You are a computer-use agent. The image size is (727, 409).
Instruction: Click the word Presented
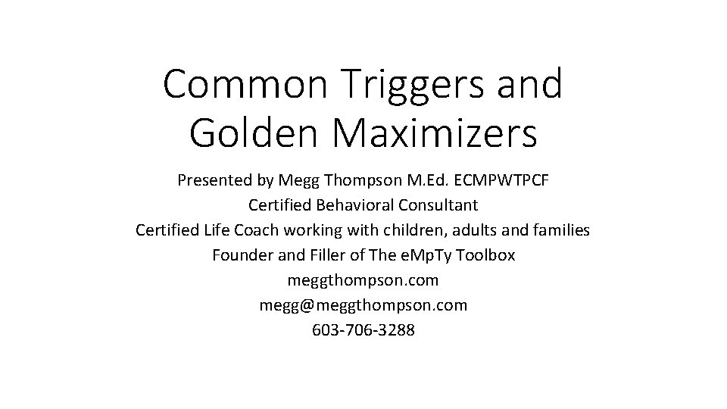coord(213,181)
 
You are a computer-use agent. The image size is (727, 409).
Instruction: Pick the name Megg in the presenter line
coord(299,181)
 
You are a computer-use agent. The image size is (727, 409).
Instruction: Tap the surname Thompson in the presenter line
coord(360,181)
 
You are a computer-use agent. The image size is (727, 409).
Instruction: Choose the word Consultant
coord(441,205)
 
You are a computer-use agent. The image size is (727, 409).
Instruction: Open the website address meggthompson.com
coord(363,280)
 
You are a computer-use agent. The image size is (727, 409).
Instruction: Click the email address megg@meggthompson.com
coord(363,305)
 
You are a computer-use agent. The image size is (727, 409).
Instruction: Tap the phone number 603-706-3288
coord(363,330)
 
